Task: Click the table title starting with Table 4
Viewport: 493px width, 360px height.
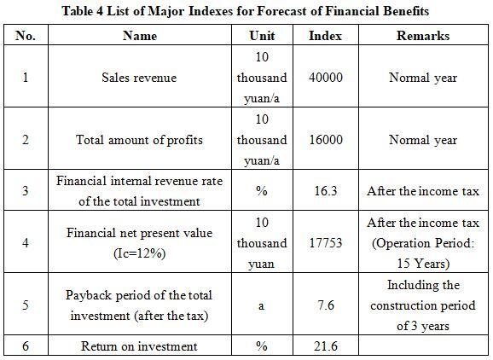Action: point(246,11)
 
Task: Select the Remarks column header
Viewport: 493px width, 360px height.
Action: point(423,36)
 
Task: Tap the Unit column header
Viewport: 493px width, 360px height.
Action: point(262,36)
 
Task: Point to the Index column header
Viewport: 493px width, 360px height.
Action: point(326,36)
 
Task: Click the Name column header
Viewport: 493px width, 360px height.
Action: point(140,36)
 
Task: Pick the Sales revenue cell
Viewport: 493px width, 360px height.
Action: point(139,78)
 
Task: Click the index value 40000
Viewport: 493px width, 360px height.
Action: point(326,78)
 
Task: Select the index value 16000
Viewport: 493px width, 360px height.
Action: point(326,140)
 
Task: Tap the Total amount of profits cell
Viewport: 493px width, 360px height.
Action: point(139,140)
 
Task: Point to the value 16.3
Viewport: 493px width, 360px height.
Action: point(326,191)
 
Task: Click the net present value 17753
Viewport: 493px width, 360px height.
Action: point(326,243)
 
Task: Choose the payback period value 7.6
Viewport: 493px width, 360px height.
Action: point(326,305)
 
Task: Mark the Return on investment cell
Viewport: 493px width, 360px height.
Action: point(139,346)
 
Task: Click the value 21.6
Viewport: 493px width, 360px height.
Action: point(326,346)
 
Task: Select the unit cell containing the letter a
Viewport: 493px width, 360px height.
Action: point(261,305)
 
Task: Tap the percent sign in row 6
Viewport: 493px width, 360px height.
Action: point(262,346)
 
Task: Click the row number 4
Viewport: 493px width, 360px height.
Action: point(26,243)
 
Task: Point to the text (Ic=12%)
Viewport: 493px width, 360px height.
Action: point(139,253)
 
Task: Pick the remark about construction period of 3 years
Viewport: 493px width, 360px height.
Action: point(423,305)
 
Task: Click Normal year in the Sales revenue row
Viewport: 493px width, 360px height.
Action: point(423,78)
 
